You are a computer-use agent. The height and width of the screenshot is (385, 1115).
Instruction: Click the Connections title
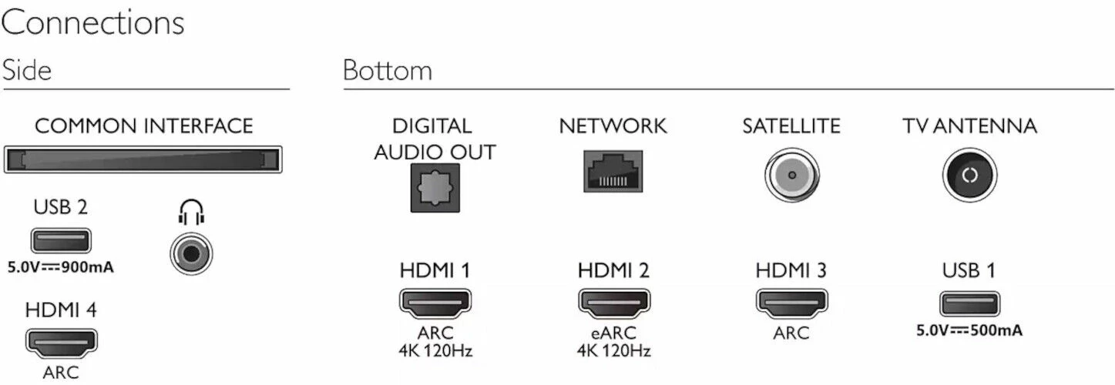(92, 22)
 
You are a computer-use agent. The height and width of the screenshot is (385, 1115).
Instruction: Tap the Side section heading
(27, 70)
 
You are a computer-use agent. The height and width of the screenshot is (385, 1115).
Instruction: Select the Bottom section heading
(388, 70)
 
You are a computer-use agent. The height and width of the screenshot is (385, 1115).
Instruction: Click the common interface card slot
(143, 159)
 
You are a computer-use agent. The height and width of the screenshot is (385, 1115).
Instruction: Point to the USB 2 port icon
(61, 241)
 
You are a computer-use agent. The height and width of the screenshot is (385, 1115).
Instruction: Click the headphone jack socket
(192, 253)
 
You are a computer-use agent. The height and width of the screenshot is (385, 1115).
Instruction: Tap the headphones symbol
(192, 213)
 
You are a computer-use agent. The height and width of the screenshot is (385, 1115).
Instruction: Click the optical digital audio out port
(435, 188)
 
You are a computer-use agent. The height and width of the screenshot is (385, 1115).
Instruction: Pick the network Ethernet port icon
(613, 171)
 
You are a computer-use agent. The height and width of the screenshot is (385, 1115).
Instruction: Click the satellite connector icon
(792, 175)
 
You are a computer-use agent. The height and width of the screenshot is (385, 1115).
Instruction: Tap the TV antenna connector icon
(969, 175)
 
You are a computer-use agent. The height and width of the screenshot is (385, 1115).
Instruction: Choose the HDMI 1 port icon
(435, 303)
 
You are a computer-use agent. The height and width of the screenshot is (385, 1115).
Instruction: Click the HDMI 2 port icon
(613, 303)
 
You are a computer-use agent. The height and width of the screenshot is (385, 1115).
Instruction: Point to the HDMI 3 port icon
(792, 303)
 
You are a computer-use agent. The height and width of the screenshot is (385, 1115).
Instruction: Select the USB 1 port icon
(969, 303)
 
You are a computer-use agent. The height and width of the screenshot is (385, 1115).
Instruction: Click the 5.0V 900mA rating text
(61, 268)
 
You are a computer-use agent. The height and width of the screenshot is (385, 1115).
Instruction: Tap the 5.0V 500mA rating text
(969, 330)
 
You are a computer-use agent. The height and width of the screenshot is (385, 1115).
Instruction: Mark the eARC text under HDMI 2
(613, 333)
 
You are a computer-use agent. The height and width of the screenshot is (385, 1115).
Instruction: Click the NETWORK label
(613, 126)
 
